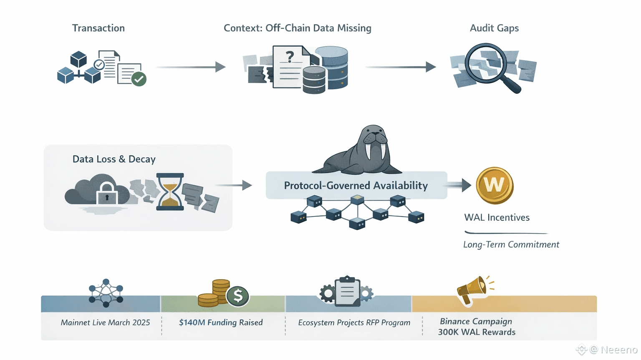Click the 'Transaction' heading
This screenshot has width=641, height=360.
pyautogui.click(x=98, y=28)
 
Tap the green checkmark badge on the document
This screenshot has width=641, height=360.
pyautogui.click(x=139, y=78)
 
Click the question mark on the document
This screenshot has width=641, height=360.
pyautogui.click(x=290, y=56)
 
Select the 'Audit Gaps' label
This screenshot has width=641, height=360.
pyautogui.click(x=494, y=28)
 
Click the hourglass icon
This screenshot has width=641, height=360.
pyautogui.click(x=170, y=192)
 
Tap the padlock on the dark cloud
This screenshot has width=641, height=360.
pyautogui.click(x=107, y=194)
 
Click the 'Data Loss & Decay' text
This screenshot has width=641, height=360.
pyautogui.click(x=114, y=159)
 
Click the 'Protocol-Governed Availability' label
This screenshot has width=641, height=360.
pyautogui.click(x=356, y=186)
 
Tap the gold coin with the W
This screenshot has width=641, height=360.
pyautogui.click(x=495, y=186)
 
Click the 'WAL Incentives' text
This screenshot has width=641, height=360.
pyautogui.click(x=497, y=217)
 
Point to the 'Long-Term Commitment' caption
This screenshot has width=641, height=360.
pyautogui.click(x=511, y=244)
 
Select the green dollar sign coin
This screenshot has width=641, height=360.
pyautogui.click(x=238, y=296)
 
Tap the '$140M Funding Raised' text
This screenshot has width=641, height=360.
pyautogui.click(x=221, y=322)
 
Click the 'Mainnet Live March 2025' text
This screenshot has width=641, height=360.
pyautogui.click(x=105, y=322)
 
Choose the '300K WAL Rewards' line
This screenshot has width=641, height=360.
pyautogui.click(x=477, y=332)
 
